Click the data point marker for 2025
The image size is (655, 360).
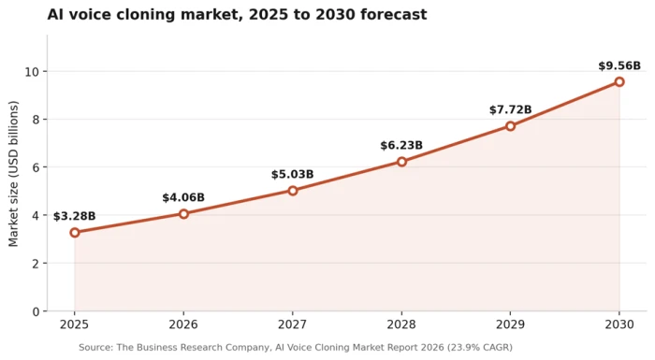point(75,233)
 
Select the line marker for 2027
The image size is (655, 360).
point(293,191)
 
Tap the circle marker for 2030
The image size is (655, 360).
point(619,82)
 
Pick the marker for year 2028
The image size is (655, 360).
point(401,162)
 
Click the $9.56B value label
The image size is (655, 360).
point(619,66)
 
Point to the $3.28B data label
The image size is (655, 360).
point(74,216)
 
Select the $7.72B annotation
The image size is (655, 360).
point(511,109)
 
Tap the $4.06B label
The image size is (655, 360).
point(183,197)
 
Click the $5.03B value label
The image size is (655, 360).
point(292,174)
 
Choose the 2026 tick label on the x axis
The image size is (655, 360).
point(183,324)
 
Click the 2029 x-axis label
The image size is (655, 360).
point(511,324)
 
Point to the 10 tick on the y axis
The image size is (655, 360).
point(32,72)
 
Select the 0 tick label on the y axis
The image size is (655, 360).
point(36,311)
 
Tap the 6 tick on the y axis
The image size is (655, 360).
point(36,167)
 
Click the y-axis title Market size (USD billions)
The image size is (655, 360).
point(13,174)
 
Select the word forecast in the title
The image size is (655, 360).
point(394,15)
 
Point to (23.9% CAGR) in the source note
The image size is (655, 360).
point(479,348)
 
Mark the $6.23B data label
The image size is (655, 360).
point(401,145)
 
